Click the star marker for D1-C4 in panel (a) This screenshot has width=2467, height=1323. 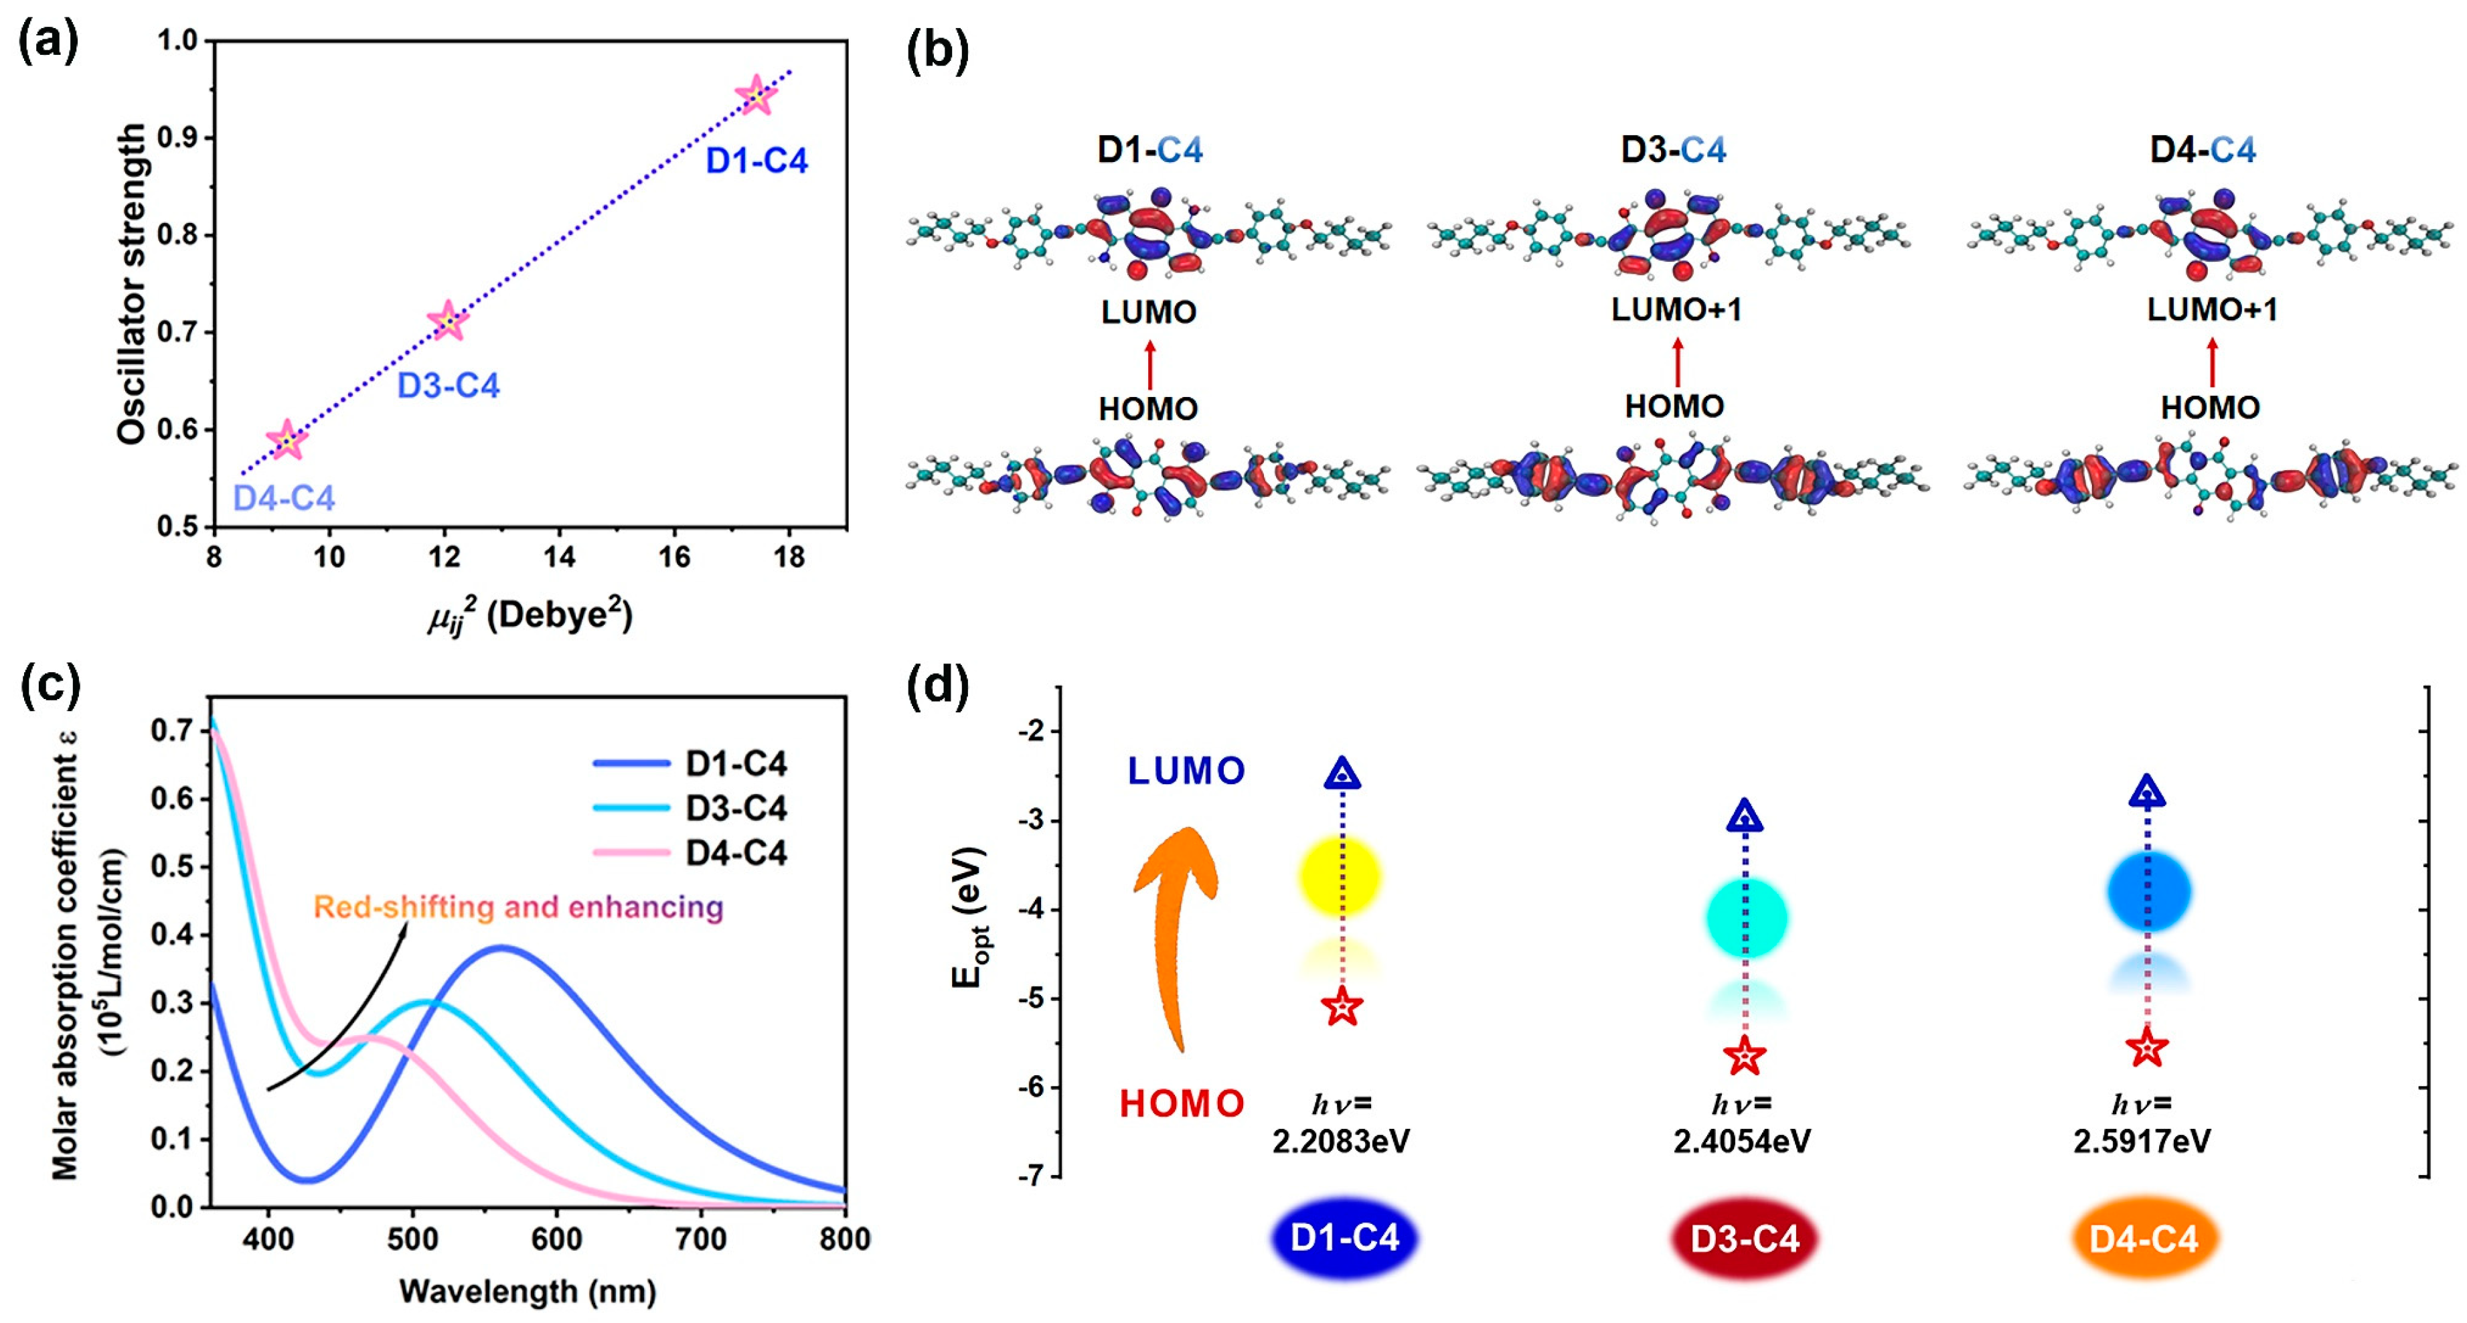coord(756,96)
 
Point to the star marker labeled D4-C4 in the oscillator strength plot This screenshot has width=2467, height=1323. coord(287,440)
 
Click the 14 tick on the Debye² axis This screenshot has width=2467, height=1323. coord(559,556)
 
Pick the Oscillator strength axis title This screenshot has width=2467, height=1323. coord(131,284)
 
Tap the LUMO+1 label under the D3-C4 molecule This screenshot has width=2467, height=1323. coord(1676,309)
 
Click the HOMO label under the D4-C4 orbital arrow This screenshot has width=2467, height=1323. coord(2211,408)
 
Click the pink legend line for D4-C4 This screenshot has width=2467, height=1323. coord(631,852)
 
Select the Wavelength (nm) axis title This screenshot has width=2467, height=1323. coord(528,1292)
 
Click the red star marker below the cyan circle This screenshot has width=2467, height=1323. coord(1744,1056)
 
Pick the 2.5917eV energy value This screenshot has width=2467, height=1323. coord(2142,1141)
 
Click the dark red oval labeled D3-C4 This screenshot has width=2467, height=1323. coord(1744,1238)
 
